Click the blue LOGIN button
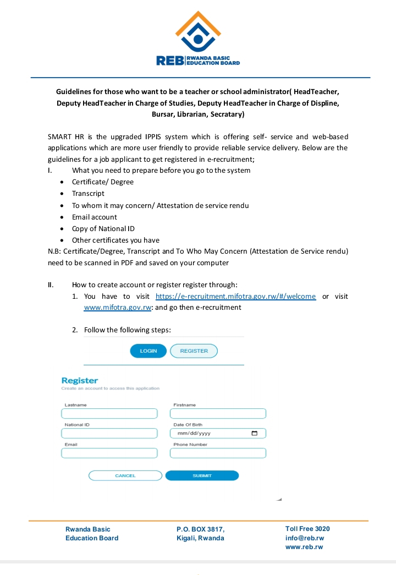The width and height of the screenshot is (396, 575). tap(148, 351)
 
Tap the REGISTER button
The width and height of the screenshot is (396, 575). tap(194, 351)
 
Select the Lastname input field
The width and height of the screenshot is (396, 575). tap(109, 414)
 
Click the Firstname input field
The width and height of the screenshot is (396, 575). tap(218, 414)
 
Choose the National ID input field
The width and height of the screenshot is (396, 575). tap(109, 434)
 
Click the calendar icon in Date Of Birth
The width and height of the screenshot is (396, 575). tap(255, 434)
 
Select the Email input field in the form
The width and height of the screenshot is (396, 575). tap(109, 453)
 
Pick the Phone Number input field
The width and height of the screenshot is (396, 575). tap(218, 453)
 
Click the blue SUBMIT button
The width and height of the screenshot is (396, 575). tap(202, 475)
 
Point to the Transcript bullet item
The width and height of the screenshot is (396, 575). tap(88, 194)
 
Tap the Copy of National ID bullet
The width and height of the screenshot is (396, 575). tap(103, 229)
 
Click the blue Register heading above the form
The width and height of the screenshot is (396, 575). tap(80, 381)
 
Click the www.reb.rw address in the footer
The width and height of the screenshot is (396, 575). tap(304, 547)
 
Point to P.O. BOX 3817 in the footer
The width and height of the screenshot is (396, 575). tap(200, 529)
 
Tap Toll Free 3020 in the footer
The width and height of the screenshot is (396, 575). tap(307, 529)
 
